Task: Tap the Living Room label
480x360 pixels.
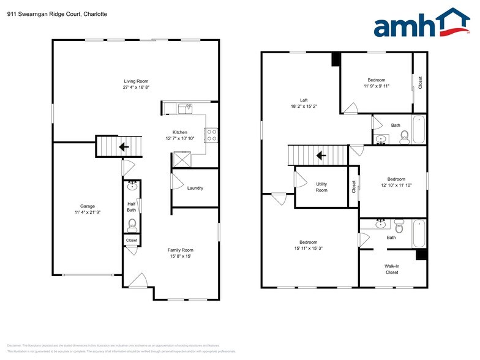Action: [137, 81]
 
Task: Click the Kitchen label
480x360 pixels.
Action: [179, 132]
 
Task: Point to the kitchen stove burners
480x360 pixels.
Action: [212, 135]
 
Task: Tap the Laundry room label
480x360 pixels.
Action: [195, 188]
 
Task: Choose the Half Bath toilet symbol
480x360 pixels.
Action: [132, 225]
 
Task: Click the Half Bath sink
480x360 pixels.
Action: [132, 186]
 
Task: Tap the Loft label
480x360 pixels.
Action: [304, 100]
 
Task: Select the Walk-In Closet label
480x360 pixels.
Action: [391, 269]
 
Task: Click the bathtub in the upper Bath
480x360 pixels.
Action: [419, 129]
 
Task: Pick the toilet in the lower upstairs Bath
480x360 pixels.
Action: [399, 227]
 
